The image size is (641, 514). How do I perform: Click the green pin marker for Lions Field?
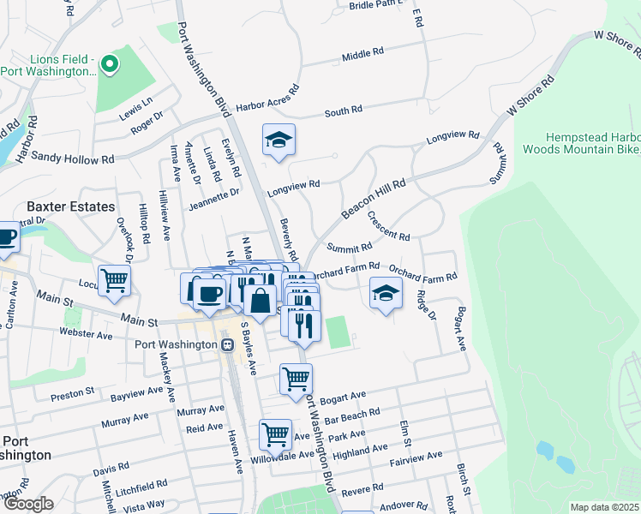tap(108, 64)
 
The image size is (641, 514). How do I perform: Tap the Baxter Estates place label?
tap(70, 206)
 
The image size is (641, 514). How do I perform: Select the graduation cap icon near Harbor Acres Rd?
tap(279, 140)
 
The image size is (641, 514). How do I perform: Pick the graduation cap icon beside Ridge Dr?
tap(386, 294)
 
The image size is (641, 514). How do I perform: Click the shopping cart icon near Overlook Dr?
tap(114, 280)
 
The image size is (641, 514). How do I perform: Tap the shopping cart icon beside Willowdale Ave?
tap(275, 433)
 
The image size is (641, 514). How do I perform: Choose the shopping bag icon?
tap(259, 301)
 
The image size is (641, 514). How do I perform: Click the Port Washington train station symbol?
tap(227, 344)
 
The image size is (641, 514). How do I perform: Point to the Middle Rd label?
tap(362, 54)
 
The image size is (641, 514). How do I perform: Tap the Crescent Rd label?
tap(388, 224)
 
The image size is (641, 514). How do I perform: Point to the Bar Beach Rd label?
tap(351, 416)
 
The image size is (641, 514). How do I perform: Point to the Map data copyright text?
tap(605, 507)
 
